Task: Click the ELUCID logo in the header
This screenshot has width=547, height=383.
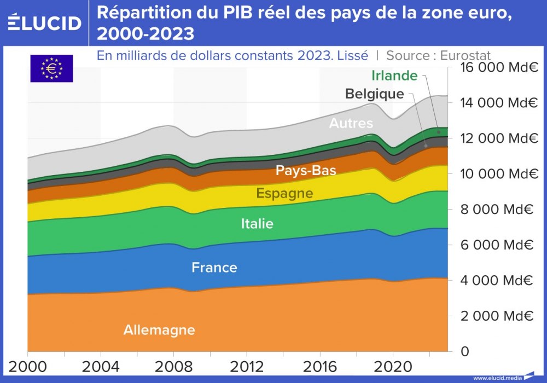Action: tap(44, 22)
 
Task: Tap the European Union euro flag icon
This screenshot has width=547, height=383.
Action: tap(51, 69)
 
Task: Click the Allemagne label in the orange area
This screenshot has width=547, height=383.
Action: tap(159, 330)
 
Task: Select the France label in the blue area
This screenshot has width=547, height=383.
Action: tap(214, 268)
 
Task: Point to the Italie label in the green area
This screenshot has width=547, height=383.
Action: tap(257, 223)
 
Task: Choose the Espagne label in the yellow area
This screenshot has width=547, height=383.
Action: tap(284, 193)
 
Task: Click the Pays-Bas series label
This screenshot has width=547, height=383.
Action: tap(306, 170)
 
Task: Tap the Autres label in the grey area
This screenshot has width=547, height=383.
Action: tap(351, 123)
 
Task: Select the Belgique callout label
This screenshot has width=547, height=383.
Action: tap(375, 94)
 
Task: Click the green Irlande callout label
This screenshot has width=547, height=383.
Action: tap(394, 76)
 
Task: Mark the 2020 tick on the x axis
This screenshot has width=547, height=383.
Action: tap(393, 365)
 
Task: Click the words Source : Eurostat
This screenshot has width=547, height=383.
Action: tap(438, 55)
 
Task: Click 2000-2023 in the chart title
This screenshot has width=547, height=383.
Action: tap(146, 34)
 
